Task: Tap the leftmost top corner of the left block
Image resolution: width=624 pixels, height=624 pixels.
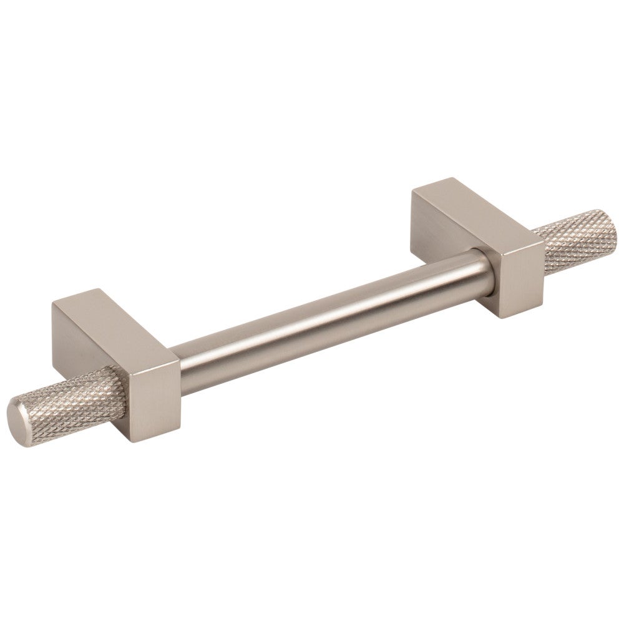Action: (54, 305)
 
